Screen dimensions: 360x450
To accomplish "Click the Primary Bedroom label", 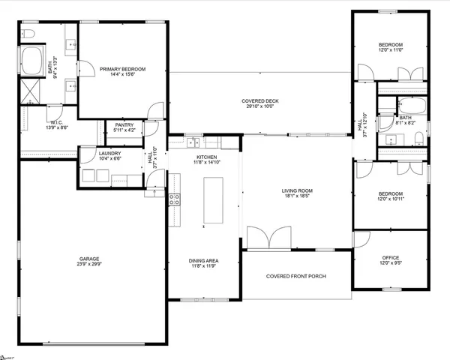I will [x=123, y=69].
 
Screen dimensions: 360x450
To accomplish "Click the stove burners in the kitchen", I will [x=174, y=199].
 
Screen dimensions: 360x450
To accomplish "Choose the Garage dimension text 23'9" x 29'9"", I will [x=89, y=264].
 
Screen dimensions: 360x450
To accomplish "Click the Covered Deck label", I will [x=259, y=101].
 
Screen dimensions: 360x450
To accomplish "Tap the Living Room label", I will [x=297, y=190].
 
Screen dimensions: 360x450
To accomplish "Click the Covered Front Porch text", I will [x=295, y=276].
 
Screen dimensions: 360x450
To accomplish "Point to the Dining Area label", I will [x=202, y=260].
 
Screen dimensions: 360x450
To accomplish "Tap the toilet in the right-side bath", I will [x=417, y=137].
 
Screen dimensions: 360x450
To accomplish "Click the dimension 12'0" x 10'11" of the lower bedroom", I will [x=390, y=199].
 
